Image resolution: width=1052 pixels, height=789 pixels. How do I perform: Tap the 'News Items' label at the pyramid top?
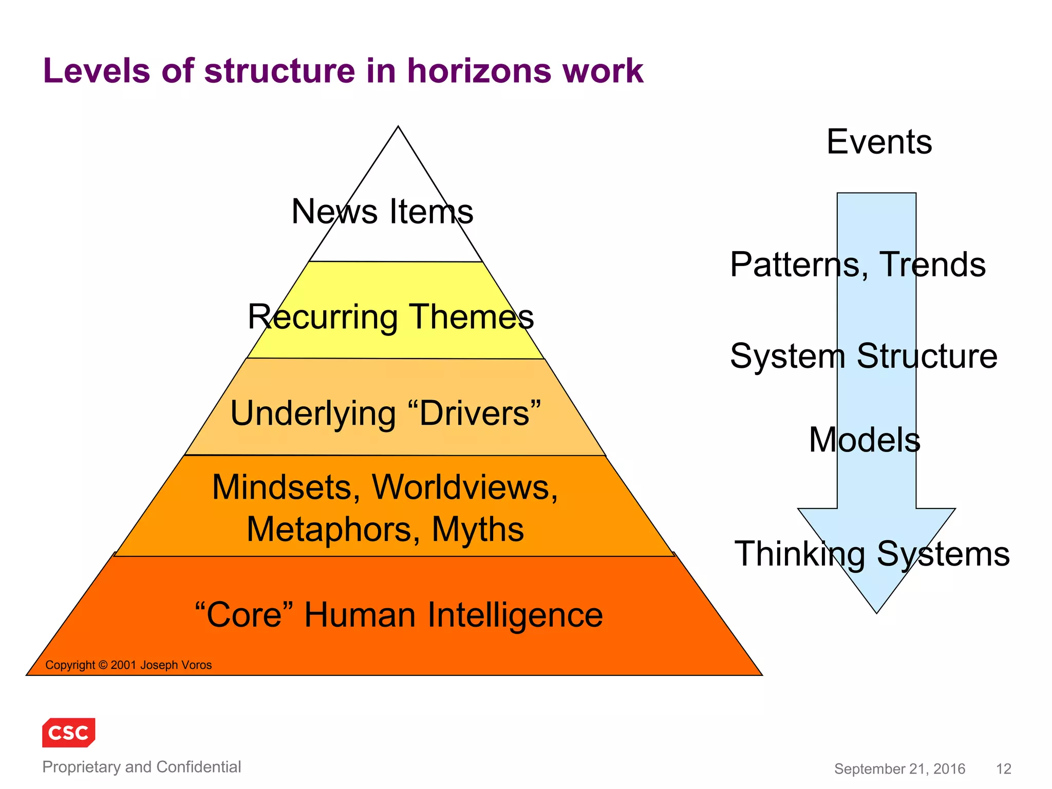[x=382, y=212]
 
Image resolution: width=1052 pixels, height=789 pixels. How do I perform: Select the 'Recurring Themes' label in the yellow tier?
[x=390, y=316]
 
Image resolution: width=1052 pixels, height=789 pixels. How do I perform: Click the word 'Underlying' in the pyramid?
[x=313, y=414]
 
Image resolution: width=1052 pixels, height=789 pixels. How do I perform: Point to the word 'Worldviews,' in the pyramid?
[x=464, y=487]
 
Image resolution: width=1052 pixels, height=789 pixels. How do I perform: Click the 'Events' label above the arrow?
[x=879, y=142]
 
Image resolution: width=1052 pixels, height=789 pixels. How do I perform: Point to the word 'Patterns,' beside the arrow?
[x=799, y=265]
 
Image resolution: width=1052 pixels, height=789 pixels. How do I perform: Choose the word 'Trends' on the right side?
[x=932, y=265]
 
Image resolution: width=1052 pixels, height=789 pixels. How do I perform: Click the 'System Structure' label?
[x=863, y=356]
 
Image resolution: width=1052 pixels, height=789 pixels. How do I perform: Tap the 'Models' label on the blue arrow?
[x=865, y=440]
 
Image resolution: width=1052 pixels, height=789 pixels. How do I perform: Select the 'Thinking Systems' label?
[x=872, y=554]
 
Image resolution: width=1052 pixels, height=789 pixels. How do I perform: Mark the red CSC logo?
[x=69, y=732]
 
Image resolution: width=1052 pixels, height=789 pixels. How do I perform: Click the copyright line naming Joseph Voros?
[x=128, y=665]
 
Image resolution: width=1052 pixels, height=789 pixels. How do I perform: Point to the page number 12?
[x=1003, y=769]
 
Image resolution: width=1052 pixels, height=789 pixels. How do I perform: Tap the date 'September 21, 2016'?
[x=899, y=769]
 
